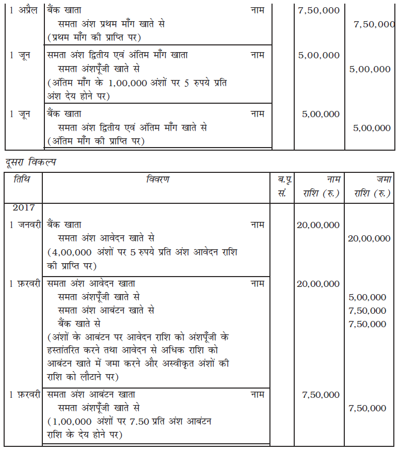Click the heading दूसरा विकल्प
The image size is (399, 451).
pos(30,163)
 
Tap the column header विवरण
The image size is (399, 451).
pos(158,180)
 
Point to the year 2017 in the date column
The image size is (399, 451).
pos(24,207)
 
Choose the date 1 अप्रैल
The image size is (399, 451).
pos(23,10)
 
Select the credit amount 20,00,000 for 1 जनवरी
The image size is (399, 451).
pos(369,238)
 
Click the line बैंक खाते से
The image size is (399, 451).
pos(79,324)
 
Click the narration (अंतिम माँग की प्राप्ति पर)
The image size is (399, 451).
pos(95,140)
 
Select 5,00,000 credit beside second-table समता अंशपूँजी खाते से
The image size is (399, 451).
pos(367,297)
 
